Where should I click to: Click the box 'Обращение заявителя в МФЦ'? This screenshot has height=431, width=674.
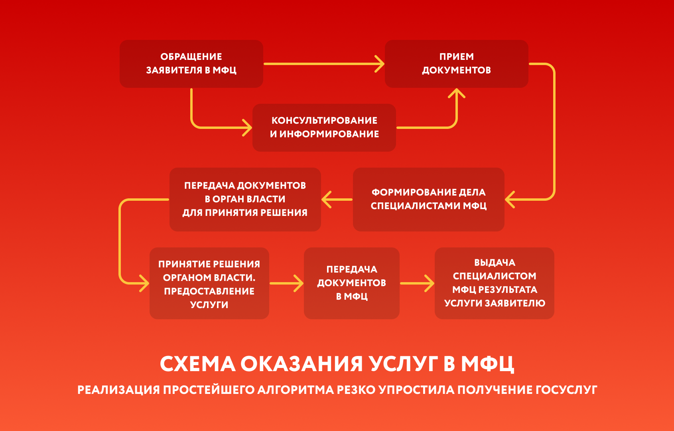point(191,64)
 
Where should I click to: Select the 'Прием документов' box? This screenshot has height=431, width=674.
point(457,64)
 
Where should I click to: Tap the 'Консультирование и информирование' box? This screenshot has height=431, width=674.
point(324,128)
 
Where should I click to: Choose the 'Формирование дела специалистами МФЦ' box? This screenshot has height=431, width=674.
point(428,200)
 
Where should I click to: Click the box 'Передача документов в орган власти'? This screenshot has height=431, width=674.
point(245,200)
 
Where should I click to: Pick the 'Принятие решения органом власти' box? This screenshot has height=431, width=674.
point(209,283)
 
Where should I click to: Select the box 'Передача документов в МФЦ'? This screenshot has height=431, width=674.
point(352,283)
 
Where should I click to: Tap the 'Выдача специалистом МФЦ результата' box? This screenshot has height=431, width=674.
point(495,283)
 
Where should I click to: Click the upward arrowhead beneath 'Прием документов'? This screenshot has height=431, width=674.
point(457,93)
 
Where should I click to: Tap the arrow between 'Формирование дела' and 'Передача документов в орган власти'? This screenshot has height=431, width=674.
point(337,200)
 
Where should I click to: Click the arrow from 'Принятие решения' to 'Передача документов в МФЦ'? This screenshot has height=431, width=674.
point(287,283)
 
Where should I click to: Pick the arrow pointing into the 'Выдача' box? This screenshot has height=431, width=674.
point(417,283)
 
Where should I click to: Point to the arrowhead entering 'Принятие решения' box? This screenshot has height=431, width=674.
point(144,283)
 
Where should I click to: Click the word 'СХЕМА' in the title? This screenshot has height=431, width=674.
point(198,364)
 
